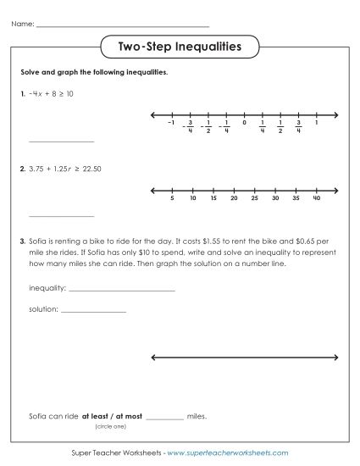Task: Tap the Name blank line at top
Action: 123,25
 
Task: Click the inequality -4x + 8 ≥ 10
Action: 53,94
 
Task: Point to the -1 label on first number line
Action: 171,124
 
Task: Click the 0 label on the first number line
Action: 244,124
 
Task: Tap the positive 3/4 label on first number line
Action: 298,127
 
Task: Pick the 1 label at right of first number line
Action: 316,124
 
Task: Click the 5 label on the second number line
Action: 172,199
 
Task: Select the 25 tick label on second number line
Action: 255,199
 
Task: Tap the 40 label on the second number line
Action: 316,199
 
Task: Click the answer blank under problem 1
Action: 61,141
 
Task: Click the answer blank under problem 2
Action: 61,216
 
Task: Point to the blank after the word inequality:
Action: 121,290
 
